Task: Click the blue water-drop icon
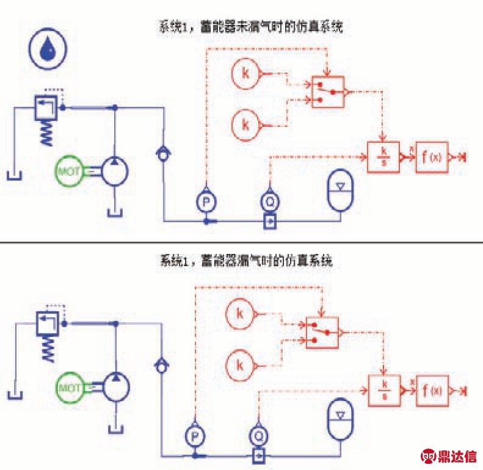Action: coord(46,52)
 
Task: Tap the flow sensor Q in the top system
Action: coord(270,200)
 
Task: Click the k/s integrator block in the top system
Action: coord(383,157)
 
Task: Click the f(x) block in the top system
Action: coord(432,157)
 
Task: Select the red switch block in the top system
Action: coord(328,92)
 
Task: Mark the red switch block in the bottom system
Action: coord(322,333)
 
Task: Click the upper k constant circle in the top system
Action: coord(245,74)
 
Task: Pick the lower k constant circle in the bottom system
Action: coord(240,366)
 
